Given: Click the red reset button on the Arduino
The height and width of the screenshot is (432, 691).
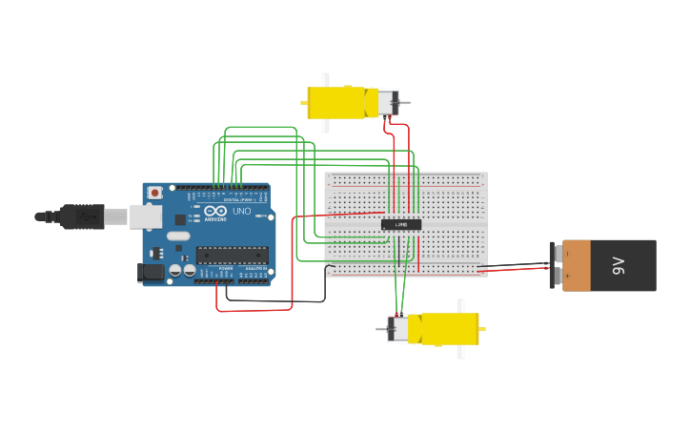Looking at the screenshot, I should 154,193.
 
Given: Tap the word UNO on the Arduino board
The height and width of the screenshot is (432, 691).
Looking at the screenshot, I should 241,211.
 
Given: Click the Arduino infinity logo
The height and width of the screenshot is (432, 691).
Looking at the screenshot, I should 215,211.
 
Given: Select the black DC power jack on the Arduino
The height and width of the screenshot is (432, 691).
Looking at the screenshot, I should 150,272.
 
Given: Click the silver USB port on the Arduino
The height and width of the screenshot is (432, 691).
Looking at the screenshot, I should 145,217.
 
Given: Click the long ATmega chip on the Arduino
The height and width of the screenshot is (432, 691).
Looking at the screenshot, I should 232,255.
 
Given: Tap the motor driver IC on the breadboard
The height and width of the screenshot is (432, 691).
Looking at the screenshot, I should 401,225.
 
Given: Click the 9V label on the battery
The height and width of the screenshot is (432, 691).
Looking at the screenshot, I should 618,265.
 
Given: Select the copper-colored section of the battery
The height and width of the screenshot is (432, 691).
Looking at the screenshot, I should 577,265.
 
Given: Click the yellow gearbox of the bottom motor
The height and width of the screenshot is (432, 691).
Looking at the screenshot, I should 443,329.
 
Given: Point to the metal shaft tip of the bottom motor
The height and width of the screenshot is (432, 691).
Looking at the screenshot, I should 381,329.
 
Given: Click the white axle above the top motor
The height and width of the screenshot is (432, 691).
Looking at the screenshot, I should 325,79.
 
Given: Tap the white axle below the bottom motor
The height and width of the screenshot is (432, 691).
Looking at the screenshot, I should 460,352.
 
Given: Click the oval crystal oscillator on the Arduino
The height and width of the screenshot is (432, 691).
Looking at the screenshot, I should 178,236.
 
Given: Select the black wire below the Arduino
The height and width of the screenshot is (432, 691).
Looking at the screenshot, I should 276,301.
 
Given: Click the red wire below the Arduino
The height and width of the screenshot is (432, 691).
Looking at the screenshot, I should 253,310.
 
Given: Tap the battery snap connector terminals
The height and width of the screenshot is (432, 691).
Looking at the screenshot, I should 555,265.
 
